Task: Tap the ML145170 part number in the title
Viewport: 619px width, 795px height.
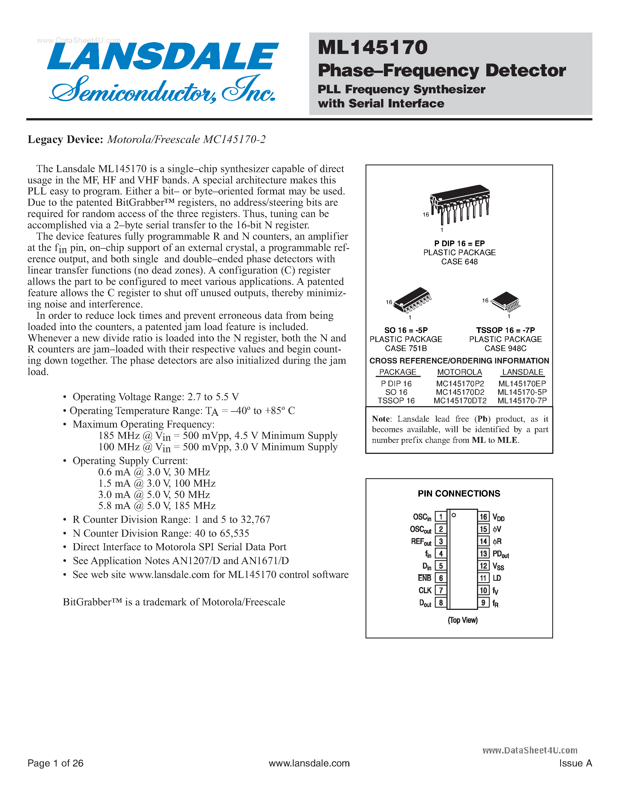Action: (372, 48)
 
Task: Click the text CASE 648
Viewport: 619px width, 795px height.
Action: (459, 262)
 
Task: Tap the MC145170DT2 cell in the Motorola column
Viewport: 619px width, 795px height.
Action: (460, 401)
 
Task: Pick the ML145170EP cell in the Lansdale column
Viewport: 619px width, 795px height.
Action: (522, 384)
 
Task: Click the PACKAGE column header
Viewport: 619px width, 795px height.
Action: (397, 372)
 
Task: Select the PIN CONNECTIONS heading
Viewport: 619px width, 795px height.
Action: (459, 494)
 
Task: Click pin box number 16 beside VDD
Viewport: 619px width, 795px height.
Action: (483, 517)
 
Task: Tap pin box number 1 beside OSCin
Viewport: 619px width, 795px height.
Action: (441, 517)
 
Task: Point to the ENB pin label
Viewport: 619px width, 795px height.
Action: (424, 578)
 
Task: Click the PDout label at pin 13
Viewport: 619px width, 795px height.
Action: (500, 554)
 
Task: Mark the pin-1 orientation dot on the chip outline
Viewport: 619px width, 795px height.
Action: (453, 515)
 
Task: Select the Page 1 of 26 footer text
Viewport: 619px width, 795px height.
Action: (55, 763)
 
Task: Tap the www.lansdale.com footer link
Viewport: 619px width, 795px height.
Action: (309, 763)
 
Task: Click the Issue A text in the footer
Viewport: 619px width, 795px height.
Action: (575, 763)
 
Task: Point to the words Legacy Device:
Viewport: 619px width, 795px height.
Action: (66, 139)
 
